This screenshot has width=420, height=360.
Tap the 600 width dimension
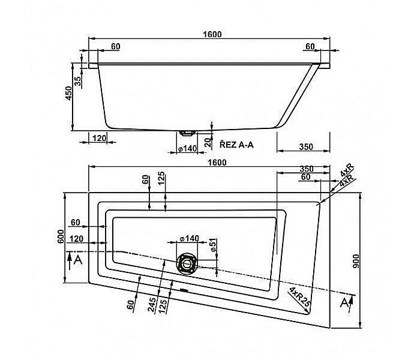[60, 237]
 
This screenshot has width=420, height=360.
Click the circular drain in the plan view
[187, 263]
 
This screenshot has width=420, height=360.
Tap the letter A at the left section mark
[76, 259]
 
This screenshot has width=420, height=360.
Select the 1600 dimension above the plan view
[217, 162]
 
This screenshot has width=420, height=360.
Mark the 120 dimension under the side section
[99, 139]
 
